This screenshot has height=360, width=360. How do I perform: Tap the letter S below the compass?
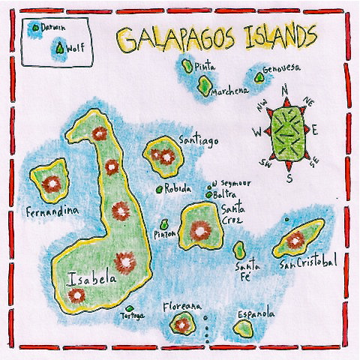[289, 178]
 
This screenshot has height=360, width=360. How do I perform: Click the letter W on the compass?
[256, 133]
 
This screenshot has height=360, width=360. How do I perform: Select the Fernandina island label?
[51, 211]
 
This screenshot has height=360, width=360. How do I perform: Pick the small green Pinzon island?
[164, 223]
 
